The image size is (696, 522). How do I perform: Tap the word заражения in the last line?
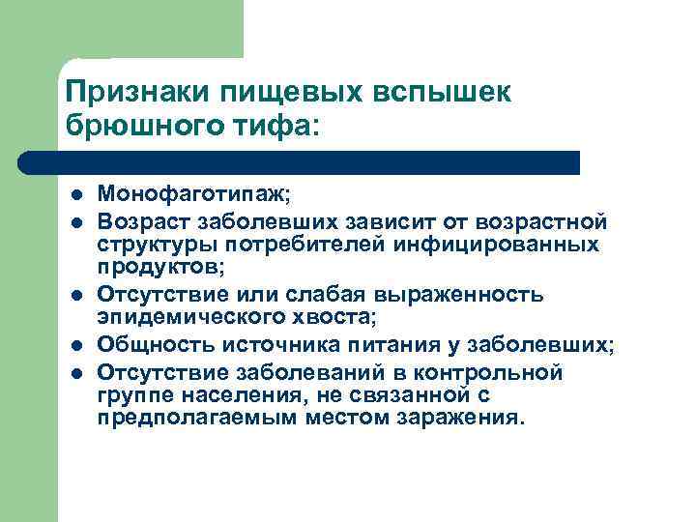pyautogui.click(x=470, y=418)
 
